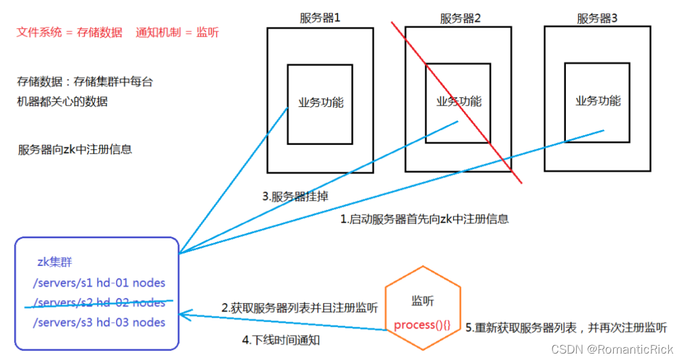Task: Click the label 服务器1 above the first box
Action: [320, 18]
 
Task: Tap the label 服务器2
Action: [460, 19]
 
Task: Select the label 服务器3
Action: [597, 19]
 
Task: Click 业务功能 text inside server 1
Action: [321, 102]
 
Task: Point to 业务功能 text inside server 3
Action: [598, 101]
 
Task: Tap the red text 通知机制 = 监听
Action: [177, 32]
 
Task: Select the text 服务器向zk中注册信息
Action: [76, 150]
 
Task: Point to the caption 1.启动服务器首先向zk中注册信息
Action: [424, 218]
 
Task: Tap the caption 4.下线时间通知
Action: [281, 340]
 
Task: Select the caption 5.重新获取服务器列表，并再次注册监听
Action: [566, 328]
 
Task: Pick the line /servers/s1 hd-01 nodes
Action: [99, 282]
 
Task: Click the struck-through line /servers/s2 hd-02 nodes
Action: [99, 302]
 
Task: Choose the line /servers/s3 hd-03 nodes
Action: [99, 322]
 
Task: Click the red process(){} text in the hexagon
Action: [422, 325]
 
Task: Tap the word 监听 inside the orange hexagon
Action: [422, 300]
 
